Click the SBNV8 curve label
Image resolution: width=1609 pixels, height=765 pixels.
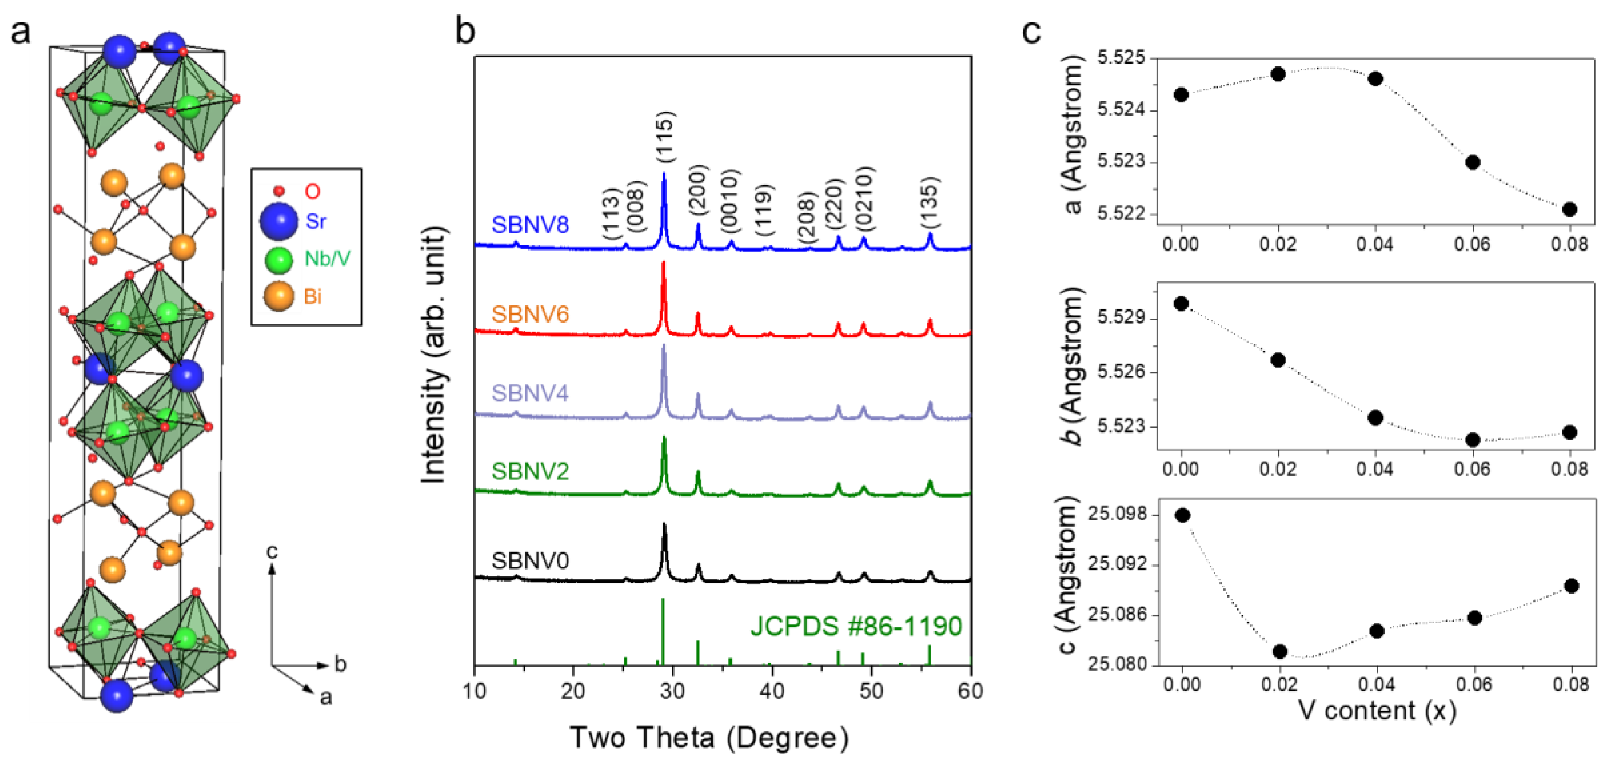[x=530, y=225]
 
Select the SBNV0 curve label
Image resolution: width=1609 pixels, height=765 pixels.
[x=530, y=561]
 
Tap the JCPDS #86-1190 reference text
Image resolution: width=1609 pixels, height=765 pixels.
[x=856, y=626]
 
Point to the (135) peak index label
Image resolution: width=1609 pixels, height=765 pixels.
[x=929, y=203]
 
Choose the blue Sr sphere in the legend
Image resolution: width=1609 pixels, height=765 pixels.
[x=279, y=221]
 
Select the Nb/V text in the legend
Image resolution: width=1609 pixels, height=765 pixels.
[x=327, y=259]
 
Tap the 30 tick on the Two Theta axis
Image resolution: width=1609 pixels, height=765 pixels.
[x=672, y=691]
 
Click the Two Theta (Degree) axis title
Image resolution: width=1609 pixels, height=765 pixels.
[x=709, y=737]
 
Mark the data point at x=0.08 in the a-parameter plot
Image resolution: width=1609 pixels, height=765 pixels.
[x=1569, y=209]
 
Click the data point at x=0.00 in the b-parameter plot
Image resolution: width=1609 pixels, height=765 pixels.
[x=1181, y=303]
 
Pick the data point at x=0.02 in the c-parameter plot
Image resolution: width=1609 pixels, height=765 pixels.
[x=1279, y=651]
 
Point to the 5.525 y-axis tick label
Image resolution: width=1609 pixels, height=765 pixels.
[x=1121, y=58]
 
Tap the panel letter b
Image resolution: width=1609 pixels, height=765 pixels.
[x=465, y=30]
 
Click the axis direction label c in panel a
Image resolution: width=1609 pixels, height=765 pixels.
[x=271, y=551]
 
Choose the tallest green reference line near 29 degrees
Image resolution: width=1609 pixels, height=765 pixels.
[x=663, y=631]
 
